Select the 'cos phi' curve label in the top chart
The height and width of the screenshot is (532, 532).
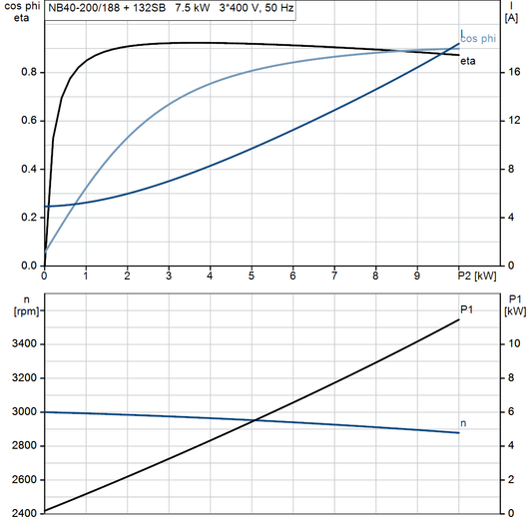(x=478, y=40)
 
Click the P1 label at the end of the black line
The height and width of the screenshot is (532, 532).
(x=466, y=308)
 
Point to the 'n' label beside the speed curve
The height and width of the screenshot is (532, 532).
(x=463, y=424)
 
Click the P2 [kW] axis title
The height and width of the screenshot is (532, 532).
(x=477, y=274)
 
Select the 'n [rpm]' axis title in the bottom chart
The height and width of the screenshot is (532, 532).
(x=16, y=304)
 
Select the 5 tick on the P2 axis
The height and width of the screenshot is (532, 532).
(x=252, y=275)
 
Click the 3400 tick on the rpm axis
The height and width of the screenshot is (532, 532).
(x=23, y=344)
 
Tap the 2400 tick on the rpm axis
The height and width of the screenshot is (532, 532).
(x=23, y=514)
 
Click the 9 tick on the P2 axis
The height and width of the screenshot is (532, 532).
(x=417, y=275)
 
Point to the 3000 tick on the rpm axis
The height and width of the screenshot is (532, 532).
(x=23, y=412)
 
